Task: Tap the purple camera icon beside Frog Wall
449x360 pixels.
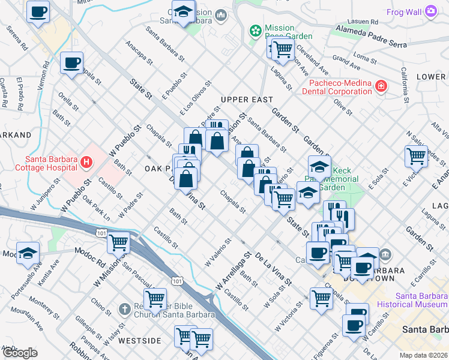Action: tap(430, 11)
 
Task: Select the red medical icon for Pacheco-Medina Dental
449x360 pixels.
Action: tap(380, 88)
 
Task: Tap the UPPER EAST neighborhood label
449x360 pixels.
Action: tap(246, 100)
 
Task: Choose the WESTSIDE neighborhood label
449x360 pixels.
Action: tap(139, 341)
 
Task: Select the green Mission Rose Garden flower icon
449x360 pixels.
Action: tap(256, 30)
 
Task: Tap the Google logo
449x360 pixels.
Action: tap(20, 353)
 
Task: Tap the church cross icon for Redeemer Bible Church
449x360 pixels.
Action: tap(124, 310)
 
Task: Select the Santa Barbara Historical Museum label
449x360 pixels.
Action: tap(421, 301)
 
